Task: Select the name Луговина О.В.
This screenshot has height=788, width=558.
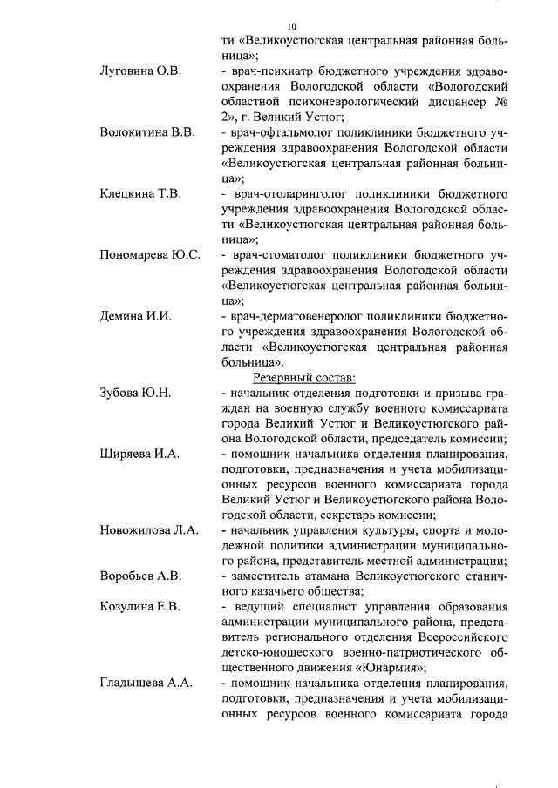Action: pyautogui.click(x=140, y=71)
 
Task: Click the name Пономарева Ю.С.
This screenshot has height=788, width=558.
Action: pyautogui.click(x=150, y=254)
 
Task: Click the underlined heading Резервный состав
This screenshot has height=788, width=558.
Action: pyautogui.click(x=304, y=377)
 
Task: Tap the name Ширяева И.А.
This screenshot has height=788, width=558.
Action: pyautogui.click(x=139, y=454)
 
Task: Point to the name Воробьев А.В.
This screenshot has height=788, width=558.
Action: pyautogui.click(x=140, y=576)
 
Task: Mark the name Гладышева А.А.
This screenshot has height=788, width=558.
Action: pyautogui.click(x=146, y=684)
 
